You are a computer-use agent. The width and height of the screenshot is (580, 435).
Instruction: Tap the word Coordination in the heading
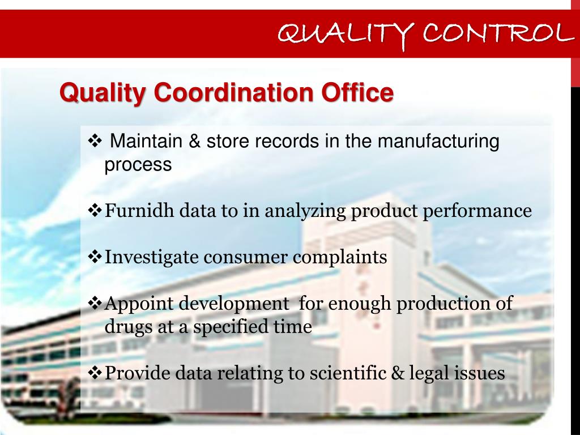coord(234,93)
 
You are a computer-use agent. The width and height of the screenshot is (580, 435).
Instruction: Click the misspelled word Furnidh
coord(140,211)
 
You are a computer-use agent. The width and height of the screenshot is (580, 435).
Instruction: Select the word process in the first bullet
coord(138,165)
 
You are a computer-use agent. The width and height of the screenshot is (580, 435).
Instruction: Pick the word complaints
coord(340,258)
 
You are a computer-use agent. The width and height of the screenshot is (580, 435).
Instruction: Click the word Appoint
coord(140,304)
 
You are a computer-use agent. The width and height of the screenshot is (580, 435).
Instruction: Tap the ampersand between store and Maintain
coord(195,141)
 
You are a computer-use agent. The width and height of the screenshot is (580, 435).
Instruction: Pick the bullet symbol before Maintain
coord(95,140)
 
